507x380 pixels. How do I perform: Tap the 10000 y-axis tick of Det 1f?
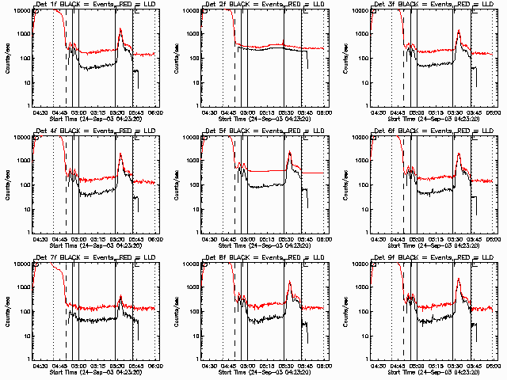21,10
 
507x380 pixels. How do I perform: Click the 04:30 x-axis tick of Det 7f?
40,366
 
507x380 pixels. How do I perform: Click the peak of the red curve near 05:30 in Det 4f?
120,154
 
